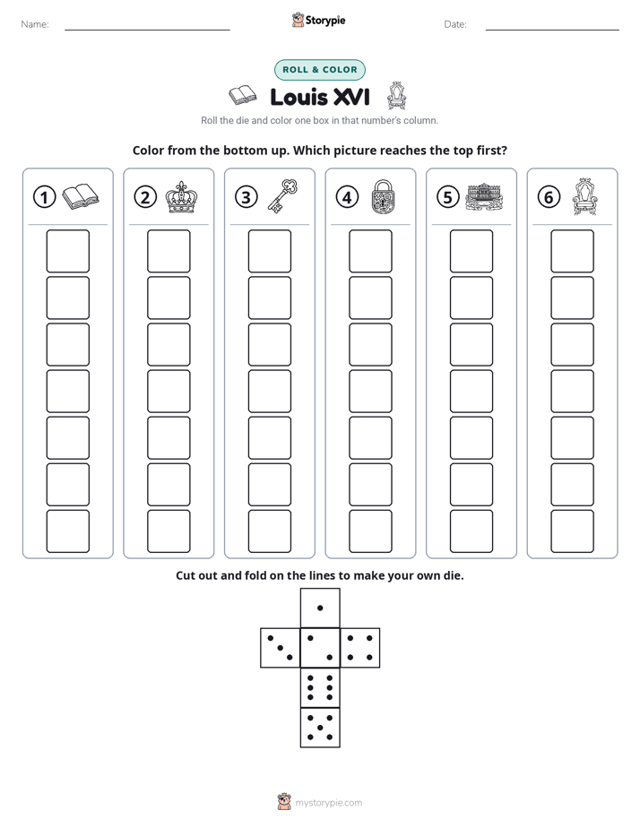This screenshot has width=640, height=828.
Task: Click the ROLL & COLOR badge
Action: coord(319,70)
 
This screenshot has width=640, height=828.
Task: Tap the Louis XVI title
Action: coord(320,97)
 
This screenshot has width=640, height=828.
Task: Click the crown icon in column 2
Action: coord(181,197)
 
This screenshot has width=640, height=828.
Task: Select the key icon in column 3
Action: coord(282,196)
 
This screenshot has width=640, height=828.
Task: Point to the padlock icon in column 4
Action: coord(383,197)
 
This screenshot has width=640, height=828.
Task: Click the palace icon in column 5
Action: coord(484,197)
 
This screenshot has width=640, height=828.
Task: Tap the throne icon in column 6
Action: coord(584,196)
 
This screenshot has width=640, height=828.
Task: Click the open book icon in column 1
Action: coord(81,197)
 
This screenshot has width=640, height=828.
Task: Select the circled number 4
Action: coord(347,197)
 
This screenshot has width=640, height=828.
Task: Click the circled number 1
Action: coord(44,197)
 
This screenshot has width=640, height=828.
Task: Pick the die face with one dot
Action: coord(320,608)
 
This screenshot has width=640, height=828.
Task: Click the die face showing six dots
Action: coord(320,688)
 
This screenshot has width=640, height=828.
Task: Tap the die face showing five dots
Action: coord(320,728)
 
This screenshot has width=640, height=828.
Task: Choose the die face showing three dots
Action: coord(281,648)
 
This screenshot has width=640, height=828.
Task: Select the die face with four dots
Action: coord(360,648)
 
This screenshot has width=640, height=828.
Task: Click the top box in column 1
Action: coord(67,251)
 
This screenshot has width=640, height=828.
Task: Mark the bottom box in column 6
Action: coord(572,531)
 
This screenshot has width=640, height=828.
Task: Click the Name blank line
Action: coord(147,30)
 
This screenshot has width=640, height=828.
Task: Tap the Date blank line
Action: coord(552,30)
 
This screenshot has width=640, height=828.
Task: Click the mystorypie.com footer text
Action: coord(328,803)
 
